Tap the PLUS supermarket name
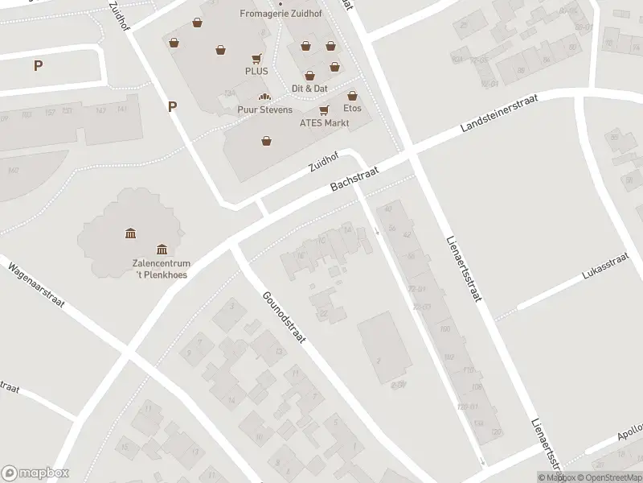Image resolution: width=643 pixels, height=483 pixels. tap(256, 71)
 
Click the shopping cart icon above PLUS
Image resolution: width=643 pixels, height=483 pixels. tap(256, 58)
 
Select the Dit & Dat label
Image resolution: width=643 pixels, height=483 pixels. tap(309, 88)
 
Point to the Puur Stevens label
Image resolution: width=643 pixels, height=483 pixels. tap(264, 109)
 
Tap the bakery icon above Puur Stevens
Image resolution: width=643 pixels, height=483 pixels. tap(264, 97)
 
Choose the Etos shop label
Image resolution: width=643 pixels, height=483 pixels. tap(352, 108)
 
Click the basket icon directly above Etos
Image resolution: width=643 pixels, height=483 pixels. tap(352, 96)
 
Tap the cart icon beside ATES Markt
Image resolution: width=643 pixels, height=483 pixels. tap(324, 109)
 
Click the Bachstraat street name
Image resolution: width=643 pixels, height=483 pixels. tap(356, 177)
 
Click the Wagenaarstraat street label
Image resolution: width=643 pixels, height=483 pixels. tap(36, 287)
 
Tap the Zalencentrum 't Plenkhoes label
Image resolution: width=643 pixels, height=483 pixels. tap(161, 268)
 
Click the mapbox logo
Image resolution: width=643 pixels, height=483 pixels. tap(35, 473)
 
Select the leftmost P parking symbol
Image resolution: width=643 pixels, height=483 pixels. tap(38, 66)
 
